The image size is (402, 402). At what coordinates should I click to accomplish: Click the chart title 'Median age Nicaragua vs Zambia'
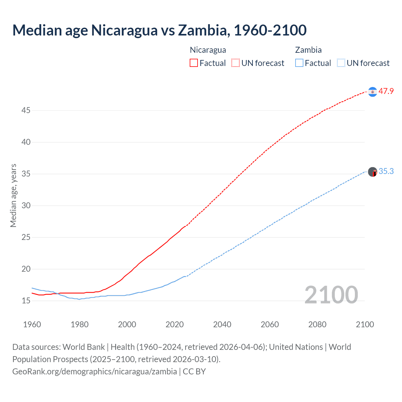pyautogui.click(x=159, y=30)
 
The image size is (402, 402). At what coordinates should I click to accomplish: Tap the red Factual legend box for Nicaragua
pyautogui.click(x=194, y=63)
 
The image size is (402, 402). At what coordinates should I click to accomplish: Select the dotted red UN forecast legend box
pyautogui.click(x=236, y=63)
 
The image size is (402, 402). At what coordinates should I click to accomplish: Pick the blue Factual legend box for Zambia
pyautogui.click(x=299, y=63)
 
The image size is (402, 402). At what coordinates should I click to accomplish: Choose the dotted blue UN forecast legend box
pyautogui.click(x=341, y=63)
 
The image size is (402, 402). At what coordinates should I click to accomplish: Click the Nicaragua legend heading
pyautogui.click(x=208, y=50)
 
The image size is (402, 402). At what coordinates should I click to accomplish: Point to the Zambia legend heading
pyautogui.click(x=308, y=50)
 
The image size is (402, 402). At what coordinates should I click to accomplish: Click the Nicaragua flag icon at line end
pyautogui.click(x=372, y=92)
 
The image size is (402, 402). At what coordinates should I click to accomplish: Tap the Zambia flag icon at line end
pyautogui.click(x=372, y=172)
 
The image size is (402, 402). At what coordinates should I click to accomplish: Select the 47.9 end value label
pyautogui.click(x=386, y=91)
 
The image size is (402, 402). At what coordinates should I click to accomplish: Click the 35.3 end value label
pyautogui.click(x=386, y=171)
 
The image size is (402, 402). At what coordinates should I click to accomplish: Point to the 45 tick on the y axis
pyautogui.click(x=26, y=110)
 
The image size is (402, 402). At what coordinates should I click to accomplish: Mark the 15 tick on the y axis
pyautogui.click(x=26, y=301)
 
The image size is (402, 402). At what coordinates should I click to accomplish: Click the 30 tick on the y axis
pyautogui.click(x=26, y=205)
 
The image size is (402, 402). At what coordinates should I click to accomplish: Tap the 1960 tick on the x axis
pyautogui.click(x=32, y=324)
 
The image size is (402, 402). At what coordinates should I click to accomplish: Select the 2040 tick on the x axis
pyautogui.click(x=222, y=324)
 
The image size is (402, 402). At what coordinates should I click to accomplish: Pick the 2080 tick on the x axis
pyautogui.click(x=317, y=324)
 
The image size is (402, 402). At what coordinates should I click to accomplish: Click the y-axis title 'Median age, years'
pyautogui.click(x=13, y=195)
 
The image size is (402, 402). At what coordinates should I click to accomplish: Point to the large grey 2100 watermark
pyautogui.click(x=331, y=295)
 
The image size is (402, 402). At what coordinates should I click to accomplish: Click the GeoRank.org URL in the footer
pyautogui.click(x=95, y=371)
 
